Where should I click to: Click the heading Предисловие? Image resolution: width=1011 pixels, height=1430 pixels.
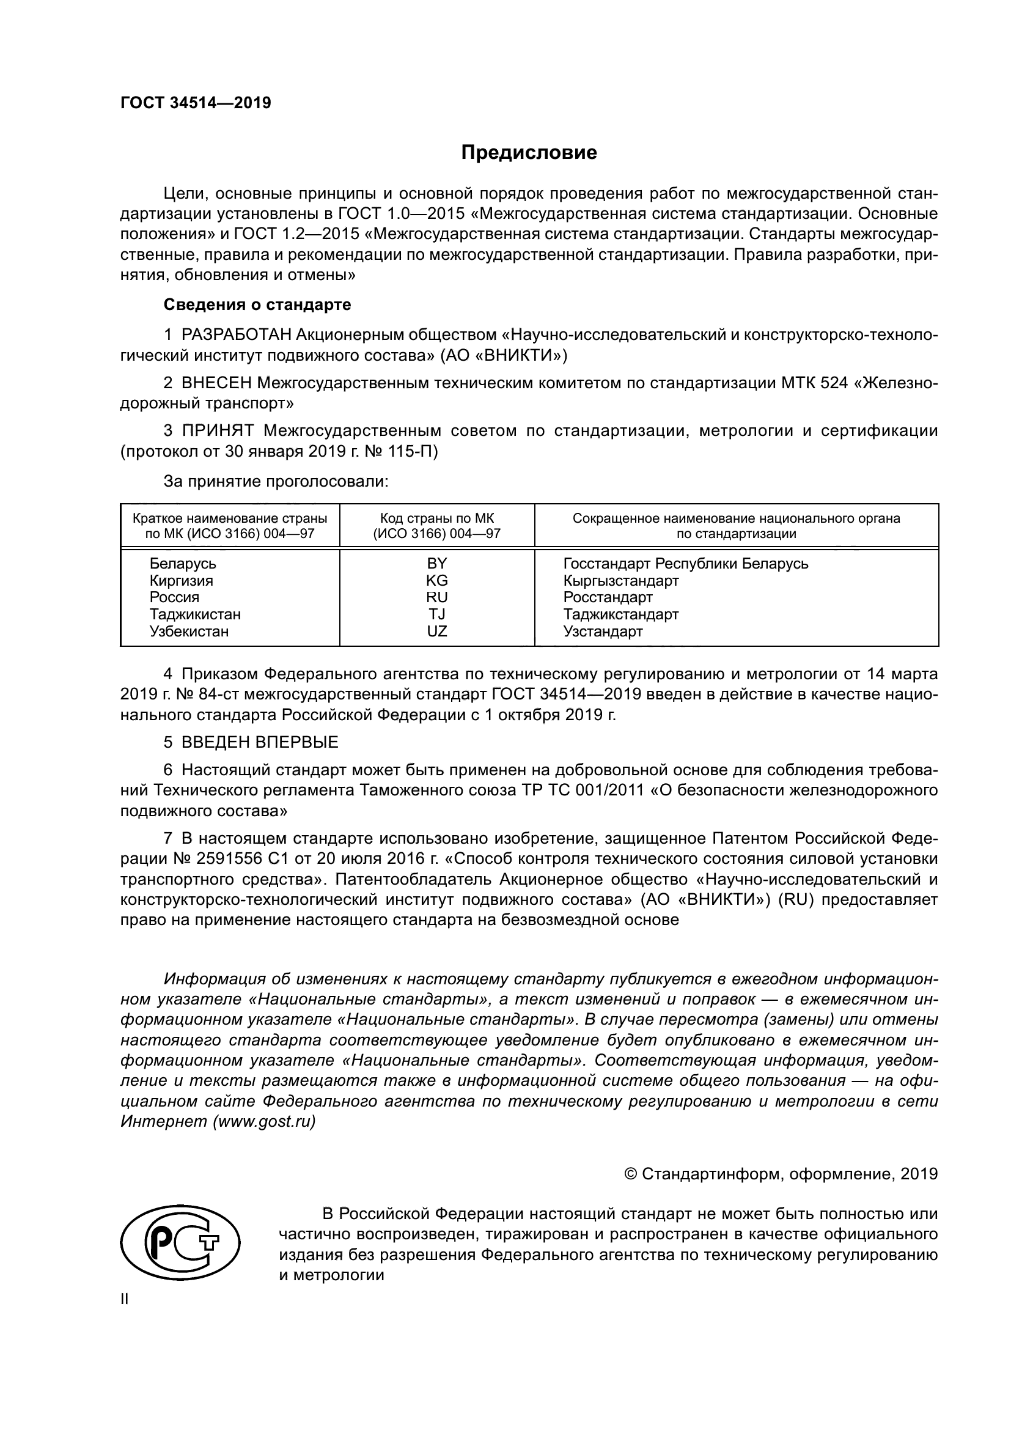pyautogui.click(x=529, y=153)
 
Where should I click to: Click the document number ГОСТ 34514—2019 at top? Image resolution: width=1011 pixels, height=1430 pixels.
pyautogui.click(x=196, y=103)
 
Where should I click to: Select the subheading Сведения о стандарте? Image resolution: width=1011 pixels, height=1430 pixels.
pyautogui.click(x=257, y=305)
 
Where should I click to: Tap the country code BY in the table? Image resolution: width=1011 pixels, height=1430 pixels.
pyautogui.click(x=436, y=564)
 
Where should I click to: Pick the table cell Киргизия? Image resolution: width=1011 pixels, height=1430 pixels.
pyautogui.click(x=181, y=581)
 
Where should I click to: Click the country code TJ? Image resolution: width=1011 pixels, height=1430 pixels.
pyautogui.click(x=436, y=614)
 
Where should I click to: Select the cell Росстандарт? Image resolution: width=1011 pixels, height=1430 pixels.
pyautogui.click(x=608, y=598)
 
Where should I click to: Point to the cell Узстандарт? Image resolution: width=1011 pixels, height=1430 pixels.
pyautogui.click(x=603, y=632)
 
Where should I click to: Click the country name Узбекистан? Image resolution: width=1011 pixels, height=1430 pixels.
pyautogui.click(x=189, y=632)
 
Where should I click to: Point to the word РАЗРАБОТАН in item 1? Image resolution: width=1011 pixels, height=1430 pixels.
pyautogui.click(x=237, y=335)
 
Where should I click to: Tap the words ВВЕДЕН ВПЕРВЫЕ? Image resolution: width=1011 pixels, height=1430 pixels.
pyautogui.click(x=260, y=742)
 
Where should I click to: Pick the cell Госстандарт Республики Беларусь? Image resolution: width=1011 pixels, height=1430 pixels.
pyautogui.click(x=685, y=564)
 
